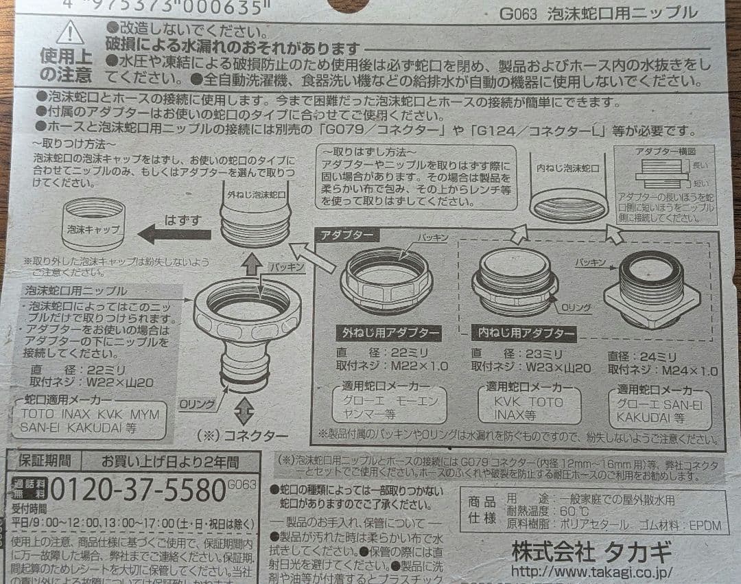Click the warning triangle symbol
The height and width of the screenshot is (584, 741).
pyautogui.click(x=70, y=34)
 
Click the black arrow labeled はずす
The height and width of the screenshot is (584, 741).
pyautogui.click(x=174, y=233)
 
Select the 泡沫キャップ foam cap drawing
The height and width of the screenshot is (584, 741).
pyautogui.click(x=93, y=223)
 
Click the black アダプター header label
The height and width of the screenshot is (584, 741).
pyautogui.click(x=348, y=235)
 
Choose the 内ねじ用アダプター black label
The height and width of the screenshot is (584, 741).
pyautogui.click(x=524, y=334)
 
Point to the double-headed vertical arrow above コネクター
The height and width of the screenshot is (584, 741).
pyautogui.click(x=244, y=410)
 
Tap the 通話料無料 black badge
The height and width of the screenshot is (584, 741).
pyautogui.click(x=26, y=489)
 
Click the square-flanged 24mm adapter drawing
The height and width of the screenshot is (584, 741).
pyautogui.click(x=651, y=288)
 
